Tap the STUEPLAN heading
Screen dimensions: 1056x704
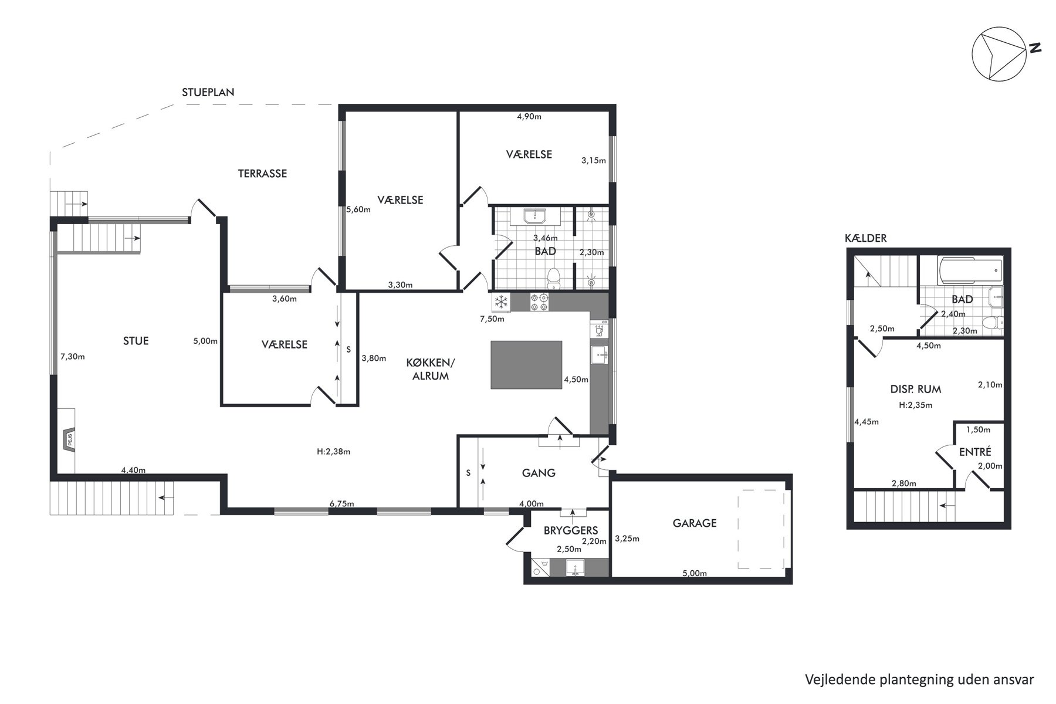[208, 92]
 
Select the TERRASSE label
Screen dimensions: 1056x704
[262, 174]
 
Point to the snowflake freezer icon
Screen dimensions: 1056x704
[500, 303]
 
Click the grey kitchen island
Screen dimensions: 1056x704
[526, 365]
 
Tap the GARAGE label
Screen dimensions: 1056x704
[695, 523]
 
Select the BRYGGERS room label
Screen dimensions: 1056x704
[571, 530]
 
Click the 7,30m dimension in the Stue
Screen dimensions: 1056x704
[73, 356]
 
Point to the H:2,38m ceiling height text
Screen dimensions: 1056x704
[333, 452]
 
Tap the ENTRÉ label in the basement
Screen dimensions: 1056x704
[975, 452]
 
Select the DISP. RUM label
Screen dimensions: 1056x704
[915, 389]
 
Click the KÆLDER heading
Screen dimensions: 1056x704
[866, 238]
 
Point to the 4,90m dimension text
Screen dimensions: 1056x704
[529, 117]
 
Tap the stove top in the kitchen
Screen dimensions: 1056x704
[539, 303]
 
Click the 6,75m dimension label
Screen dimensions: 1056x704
[342, 504]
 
